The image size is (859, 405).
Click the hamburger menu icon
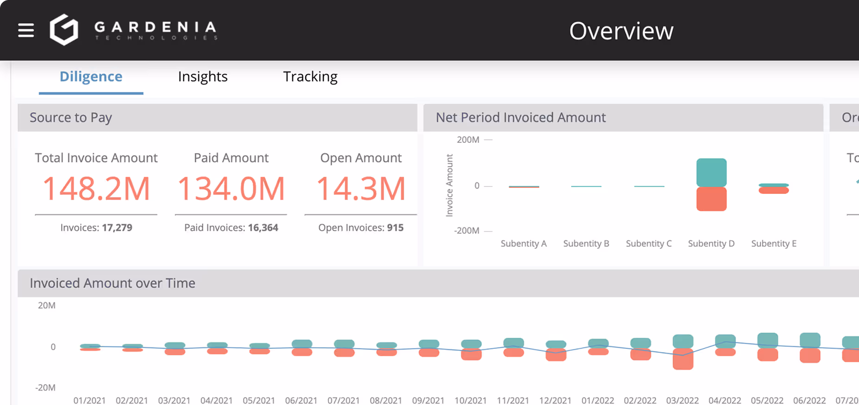[x=26, y=30]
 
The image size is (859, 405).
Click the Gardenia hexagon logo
[x=64, y=30]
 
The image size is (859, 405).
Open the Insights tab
[x=202, y=77]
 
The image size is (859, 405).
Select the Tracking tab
[x=310, y=77]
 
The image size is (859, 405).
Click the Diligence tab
[x=91, y=77]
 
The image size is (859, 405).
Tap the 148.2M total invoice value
[x=96, y=189]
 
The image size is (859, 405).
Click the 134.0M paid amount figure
[x=231, y=189]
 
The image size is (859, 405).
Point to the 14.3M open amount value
[x=360, y=189]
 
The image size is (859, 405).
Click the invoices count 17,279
[x=117, y=228]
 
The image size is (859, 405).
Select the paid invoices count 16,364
[x=263, y=228]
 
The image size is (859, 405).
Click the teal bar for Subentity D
[x=711, y=172]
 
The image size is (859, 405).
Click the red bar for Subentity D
[x=711, y=199]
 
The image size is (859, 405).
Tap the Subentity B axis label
[x=586, y=244]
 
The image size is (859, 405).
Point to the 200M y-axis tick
[x=468, y=140]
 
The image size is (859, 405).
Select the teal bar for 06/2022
[x=810, y=340]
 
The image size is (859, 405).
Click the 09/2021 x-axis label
[x=428, y=400]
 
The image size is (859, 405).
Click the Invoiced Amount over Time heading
[x=113, y=283]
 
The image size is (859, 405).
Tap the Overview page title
[x=621, y=31]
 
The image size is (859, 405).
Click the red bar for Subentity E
[x=773, y=190]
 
